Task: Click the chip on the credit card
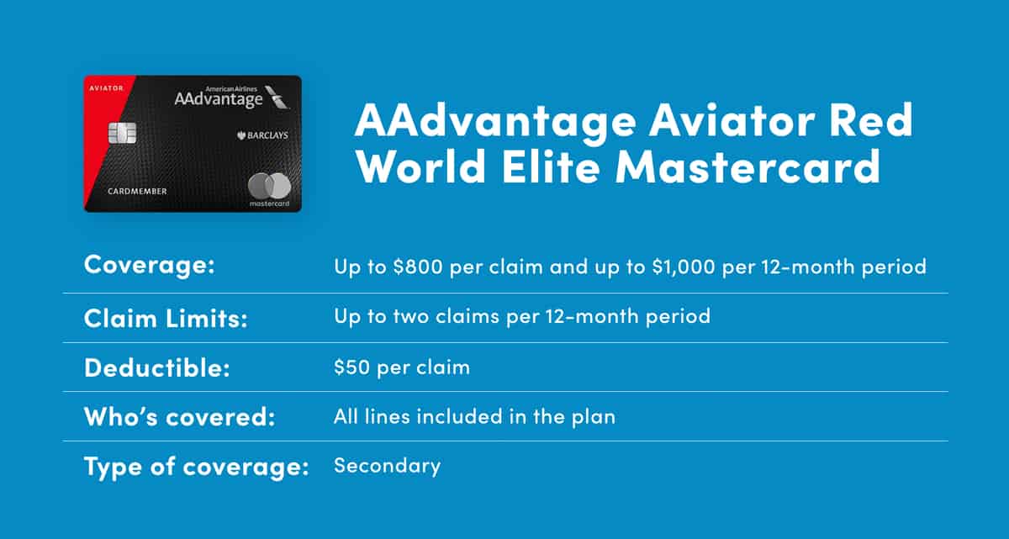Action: pos(122,133)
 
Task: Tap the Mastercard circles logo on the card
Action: pos(269,186)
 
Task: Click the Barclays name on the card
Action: pos(262,135)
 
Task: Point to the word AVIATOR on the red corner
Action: pos(106,88)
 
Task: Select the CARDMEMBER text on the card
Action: pos(137,192)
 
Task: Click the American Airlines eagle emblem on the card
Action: pos(277,97)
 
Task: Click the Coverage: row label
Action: pos(149,264)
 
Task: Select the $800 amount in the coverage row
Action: pos(418,266)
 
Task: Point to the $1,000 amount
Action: pos(684,266)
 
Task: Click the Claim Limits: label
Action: pos(166,319)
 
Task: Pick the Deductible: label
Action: pos(156,367)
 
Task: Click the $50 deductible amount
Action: pos(351,367)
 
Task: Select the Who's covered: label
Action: pos(179,416)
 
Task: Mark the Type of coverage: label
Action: pos(197,467)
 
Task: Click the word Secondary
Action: pos(388,466)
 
